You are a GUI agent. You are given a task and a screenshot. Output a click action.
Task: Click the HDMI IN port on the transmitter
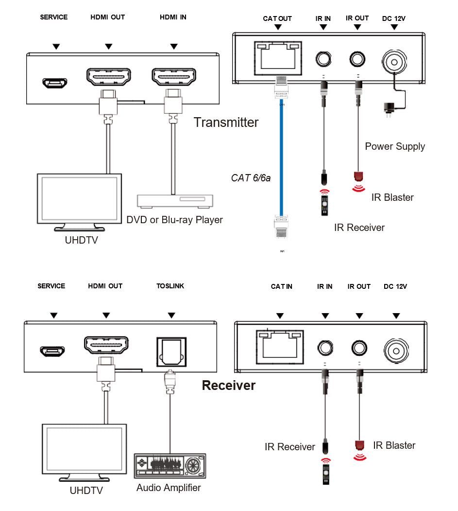click(174, 77)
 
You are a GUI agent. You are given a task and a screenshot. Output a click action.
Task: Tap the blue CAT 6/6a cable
click(281, 156)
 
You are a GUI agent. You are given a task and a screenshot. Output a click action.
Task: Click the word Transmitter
click(226, 122)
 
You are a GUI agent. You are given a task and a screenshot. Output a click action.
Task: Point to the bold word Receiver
click(228, 386)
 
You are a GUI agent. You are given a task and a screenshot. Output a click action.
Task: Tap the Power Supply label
click(395, 146)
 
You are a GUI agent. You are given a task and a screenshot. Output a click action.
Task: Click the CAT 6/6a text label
click(251, 178)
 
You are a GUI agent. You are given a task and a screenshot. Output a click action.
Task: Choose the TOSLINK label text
click(170, 286)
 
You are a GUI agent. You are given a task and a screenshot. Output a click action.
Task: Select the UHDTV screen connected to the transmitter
click(79, 199)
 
